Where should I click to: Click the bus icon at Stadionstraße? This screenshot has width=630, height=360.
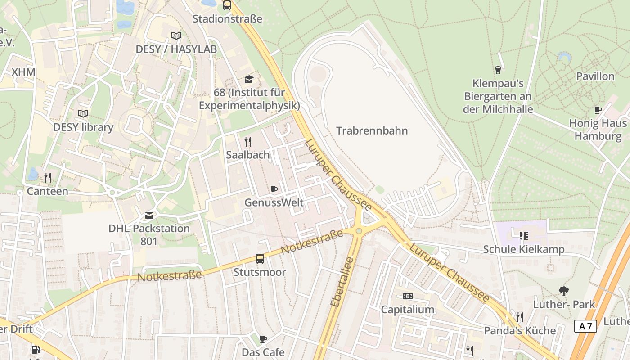tap(227, 6)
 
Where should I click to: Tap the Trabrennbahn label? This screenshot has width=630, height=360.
tap(372, 131)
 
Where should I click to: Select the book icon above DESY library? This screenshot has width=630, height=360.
tap(83, 114)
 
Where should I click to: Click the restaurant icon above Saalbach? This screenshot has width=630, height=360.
tap(247, 142)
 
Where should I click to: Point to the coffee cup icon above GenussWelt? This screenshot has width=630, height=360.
tap(274, 189)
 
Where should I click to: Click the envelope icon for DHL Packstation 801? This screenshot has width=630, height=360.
tap(149, 216)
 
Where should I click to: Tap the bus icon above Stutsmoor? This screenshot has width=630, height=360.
tap(260, 259)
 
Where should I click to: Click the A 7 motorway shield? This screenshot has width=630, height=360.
tap(585, 326)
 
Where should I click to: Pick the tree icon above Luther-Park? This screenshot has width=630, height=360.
tap(563, 291)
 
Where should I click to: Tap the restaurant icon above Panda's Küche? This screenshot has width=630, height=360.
tap(520, 317)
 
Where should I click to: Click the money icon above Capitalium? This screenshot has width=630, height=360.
tap(408, 296)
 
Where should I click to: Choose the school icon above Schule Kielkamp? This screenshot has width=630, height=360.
tap(523, 236)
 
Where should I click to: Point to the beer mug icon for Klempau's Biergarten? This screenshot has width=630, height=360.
tap(498, 70)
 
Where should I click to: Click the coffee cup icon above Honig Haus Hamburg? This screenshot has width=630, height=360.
tap(598, 110)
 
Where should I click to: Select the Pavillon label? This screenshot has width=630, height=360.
tap(595, 76)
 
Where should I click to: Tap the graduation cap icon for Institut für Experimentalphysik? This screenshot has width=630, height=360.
tap(249, 80)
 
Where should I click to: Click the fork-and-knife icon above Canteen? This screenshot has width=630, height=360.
tap(48, 178)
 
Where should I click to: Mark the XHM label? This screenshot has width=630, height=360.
tap(23, 72)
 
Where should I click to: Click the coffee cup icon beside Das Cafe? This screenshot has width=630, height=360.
tap(263, 339)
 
